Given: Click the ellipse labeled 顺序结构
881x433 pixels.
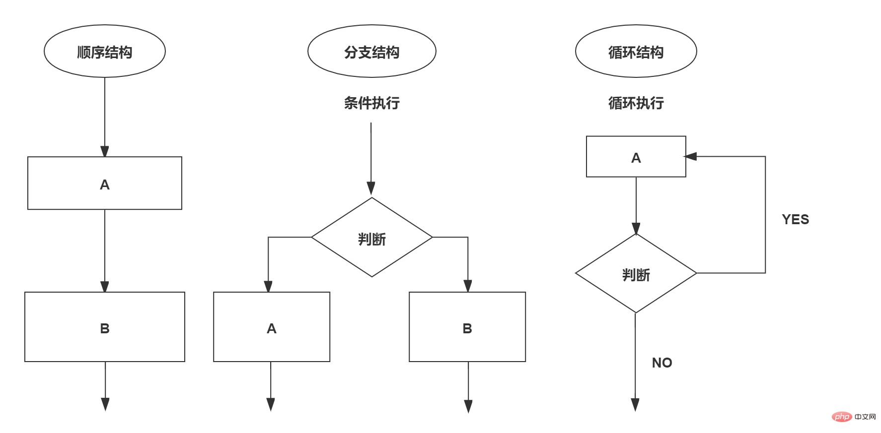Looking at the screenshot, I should [x=104, y=52].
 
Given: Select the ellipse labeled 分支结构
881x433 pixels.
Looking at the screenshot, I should [x=371, y=52].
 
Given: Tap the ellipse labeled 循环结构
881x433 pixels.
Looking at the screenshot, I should [x=636, y=52].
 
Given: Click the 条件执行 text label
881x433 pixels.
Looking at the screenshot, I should [x=371, y=103].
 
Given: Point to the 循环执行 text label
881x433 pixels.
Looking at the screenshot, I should [x=636, y=103].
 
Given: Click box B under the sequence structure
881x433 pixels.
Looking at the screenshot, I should [x=104, y=327].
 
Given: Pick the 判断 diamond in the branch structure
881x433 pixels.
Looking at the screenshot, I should [x=371, y=238].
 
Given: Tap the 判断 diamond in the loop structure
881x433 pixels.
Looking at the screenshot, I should [x=636, y=273].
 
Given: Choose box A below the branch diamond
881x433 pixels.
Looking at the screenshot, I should [x=271, y=327].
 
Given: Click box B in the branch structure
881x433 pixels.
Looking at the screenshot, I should [x=467, y=327].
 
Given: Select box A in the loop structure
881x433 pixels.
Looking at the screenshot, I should [x=636, y=157].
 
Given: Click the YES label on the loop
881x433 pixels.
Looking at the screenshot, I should [x=795, y=219].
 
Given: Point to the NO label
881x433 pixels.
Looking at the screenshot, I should [x=661, y=363].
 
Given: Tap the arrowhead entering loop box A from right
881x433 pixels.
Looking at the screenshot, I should [x=691, y=156].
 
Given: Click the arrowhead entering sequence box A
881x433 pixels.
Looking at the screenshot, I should [x=104, y=151].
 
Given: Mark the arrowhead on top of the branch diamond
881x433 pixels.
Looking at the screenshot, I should [x=371, y=188].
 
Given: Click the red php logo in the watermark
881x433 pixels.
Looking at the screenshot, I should [x=842, y=417].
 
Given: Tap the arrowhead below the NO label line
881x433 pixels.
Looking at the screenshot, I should [x=635, y=405].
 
